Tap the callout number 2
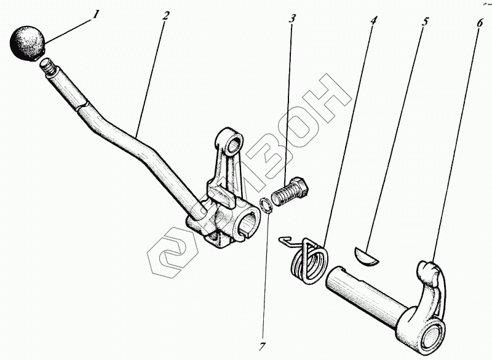pos(165,15)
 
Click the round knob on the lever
pos(27,42)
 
